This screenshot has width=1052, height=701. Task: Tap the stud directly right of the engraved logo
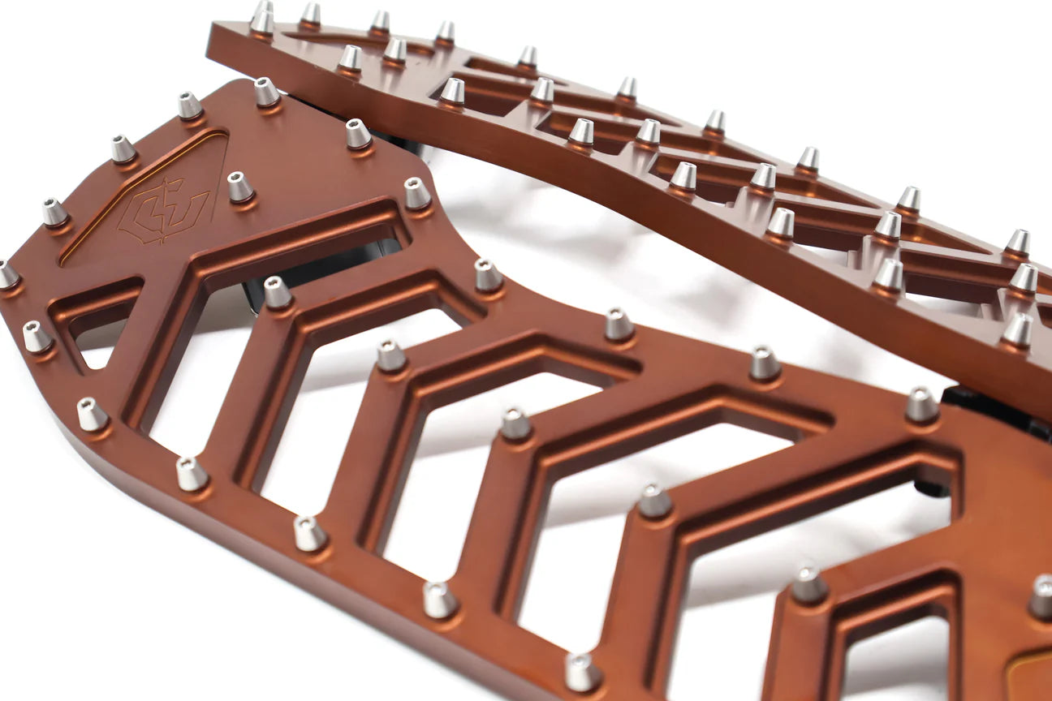239,187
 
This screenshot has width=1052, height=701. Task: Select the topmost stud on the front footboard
266,92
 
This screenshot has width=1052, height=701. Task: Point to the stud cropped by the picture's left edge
6,275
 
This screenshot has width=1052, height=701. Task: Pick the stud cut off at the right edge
1042,596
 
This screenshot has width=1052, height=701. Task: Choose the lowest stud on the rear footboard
1016,330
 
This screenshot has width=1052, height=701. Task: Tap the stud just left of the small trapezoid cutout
37,337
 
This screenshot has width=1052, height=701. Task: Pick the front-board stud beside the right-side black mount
921,404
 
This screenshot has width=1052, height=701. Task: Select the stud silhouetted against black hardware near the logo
277,292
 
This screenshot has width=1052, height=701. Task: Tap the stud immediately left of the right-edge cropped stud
808,584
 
